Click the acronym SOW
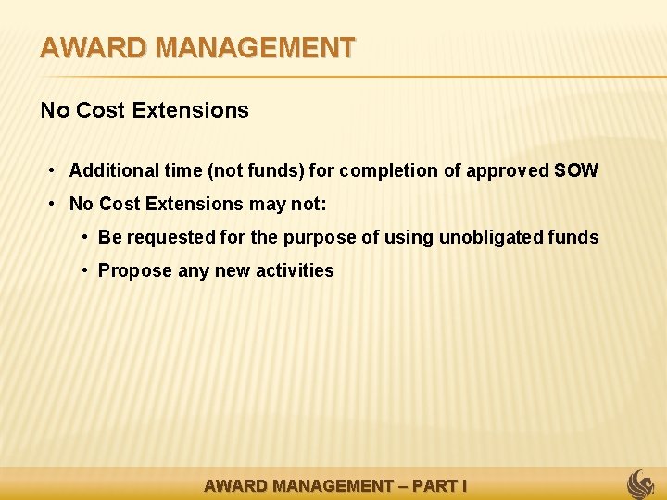point(576,170)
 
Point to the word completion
point(395,170)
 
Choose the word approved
point(508,170)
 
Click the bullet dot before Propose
point(85,270)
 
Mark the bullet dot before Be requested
point(85,237)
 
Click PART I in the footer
point(439,485)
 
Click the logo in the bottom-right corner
point(641,483)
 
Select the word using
point(409,237)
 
